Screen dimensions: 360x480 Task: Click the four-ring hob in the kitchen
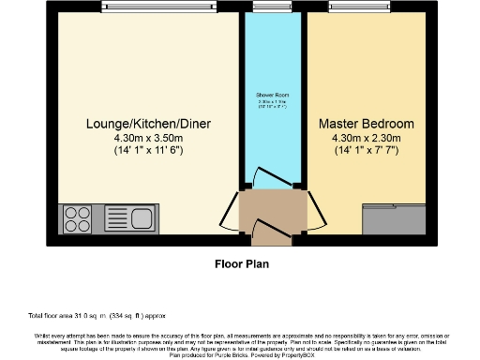point(76,220)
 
